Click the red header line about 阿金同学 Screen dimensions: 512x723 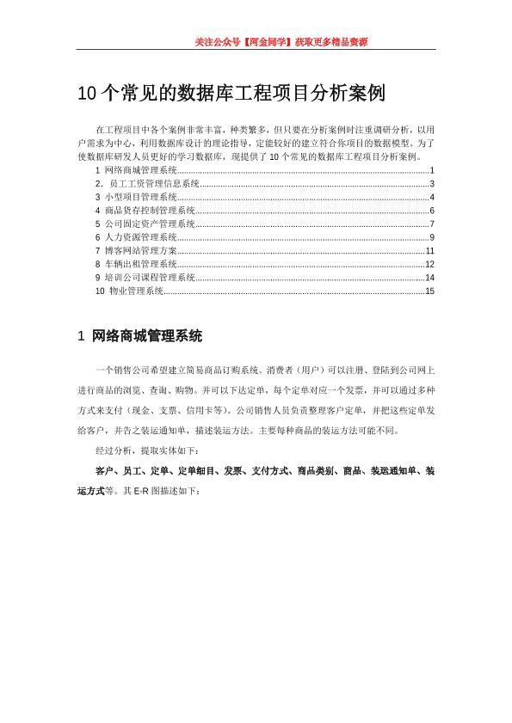coord(281,41)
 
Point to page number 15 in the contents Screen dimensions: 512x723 coord(429,291)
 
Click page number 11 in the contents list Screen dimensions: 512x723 coord(429,250)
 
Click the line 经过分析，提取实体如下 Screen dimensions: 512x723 coord(147,450)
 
